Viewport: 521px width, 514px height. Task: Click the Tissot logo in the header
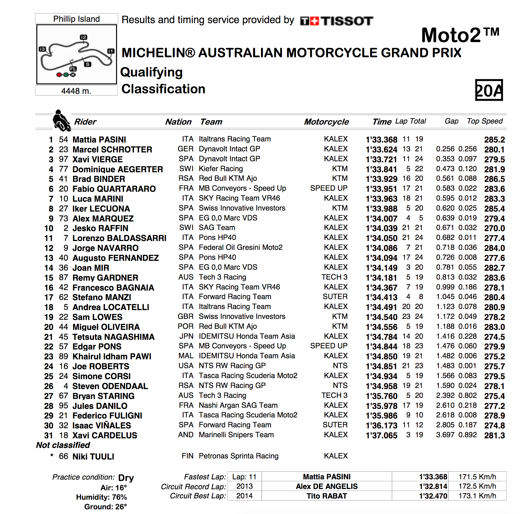point(336,21)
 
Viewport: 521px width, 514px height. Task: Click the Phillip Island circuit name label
point(76,19)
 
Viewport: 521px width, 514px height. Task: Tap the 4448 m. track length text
point(76,91)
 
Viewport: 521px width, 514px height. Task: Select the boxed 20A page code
point(489,90)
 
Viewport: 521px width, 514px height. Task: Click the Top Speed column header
point(485,121)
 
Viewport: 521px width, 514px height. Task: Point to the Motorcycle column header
point(326,122)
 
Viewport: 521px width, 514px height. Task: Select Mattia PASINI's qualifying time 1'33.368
point(381,140)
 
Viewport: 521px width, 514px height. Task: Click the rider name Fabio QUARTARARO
point(114,189)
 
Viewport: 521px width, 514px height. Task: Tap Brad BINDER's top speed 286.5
point(494,179)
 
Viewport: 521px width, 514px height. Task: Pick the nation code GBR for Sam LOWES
point(185,316)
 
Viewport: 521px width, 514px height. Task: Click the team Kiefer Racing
point(221,169)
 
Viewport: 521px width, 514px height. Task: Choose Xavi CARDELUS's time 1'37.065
point(381,435)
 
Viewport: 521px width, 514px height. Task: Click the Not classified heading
point(63,445)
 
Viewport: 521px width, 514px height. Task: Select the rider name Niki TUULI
point(93,456)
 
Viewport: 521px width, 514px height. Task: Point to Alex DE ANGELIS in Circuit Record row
point(326,486)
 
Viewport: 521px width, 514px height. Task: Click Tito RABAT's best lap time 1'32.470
point(433,496)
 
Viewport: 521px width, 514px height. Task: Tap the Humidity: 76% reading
point(101,497)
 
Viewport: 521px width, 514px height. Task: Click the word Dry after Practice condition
point(126,477)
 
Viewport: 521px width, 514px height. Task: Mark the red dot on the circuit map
point(59,75)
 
